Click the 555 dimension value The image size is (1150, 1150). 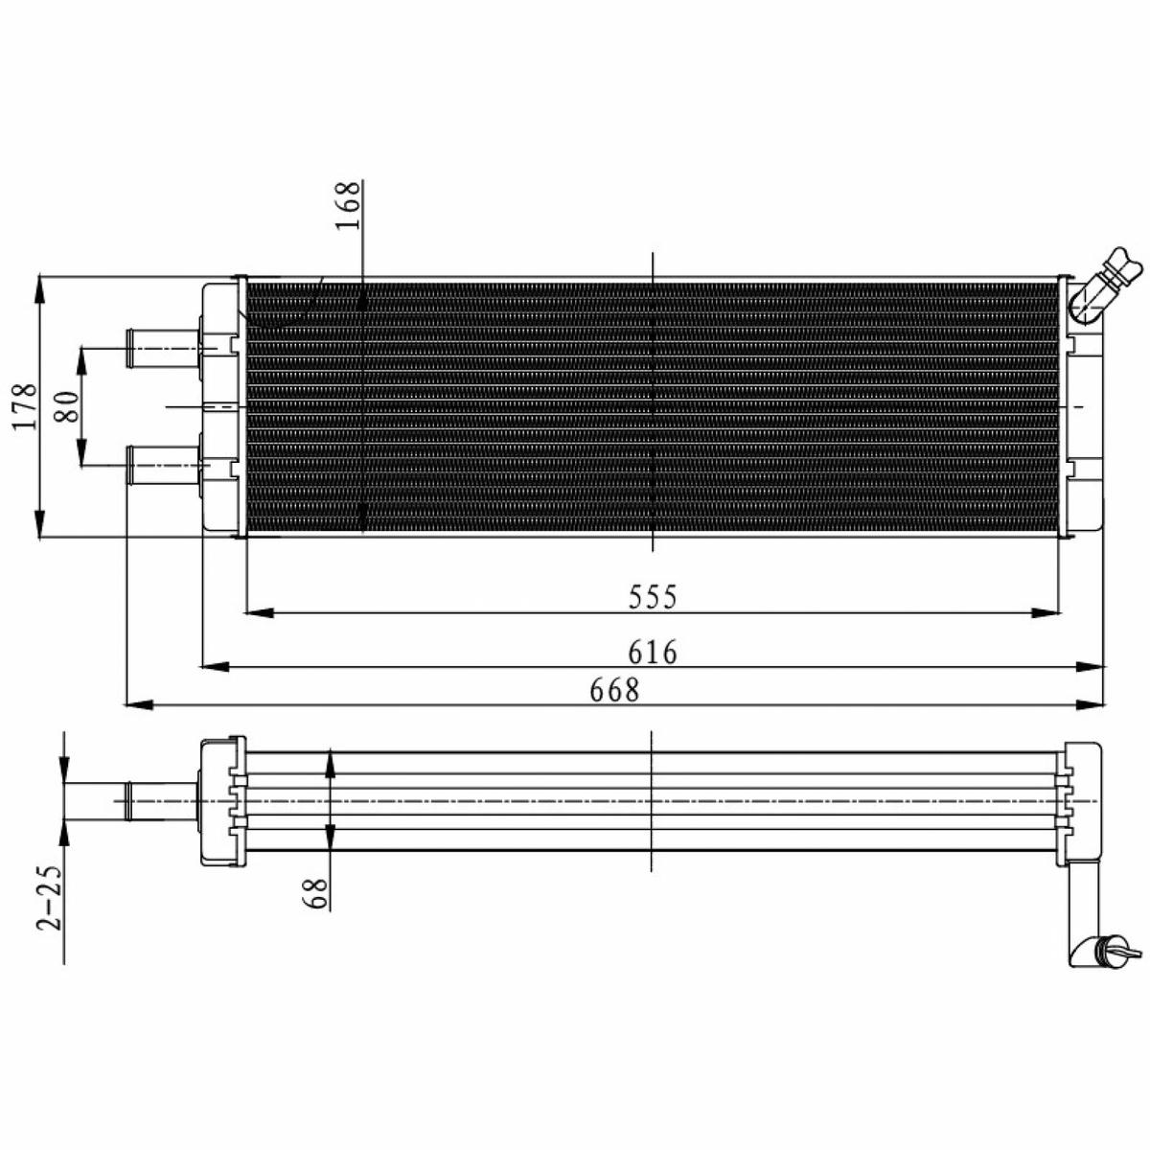[653, 596]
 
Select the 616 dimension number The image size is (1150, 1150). [653, 652]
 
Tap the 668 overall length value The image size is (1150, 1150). [614, 690]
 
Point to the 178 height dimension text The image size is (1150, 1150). [26, 406]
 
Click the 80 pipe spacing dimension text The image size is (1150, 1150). [67, 406]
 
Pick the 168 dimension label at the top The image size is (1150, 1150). [348, 205]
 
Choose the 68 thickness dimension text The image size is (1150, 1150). [318, 893]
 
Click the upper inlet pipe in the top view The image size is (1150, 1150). [162, 348]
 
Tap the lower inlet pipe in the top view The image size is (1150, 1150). [162, 464]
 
